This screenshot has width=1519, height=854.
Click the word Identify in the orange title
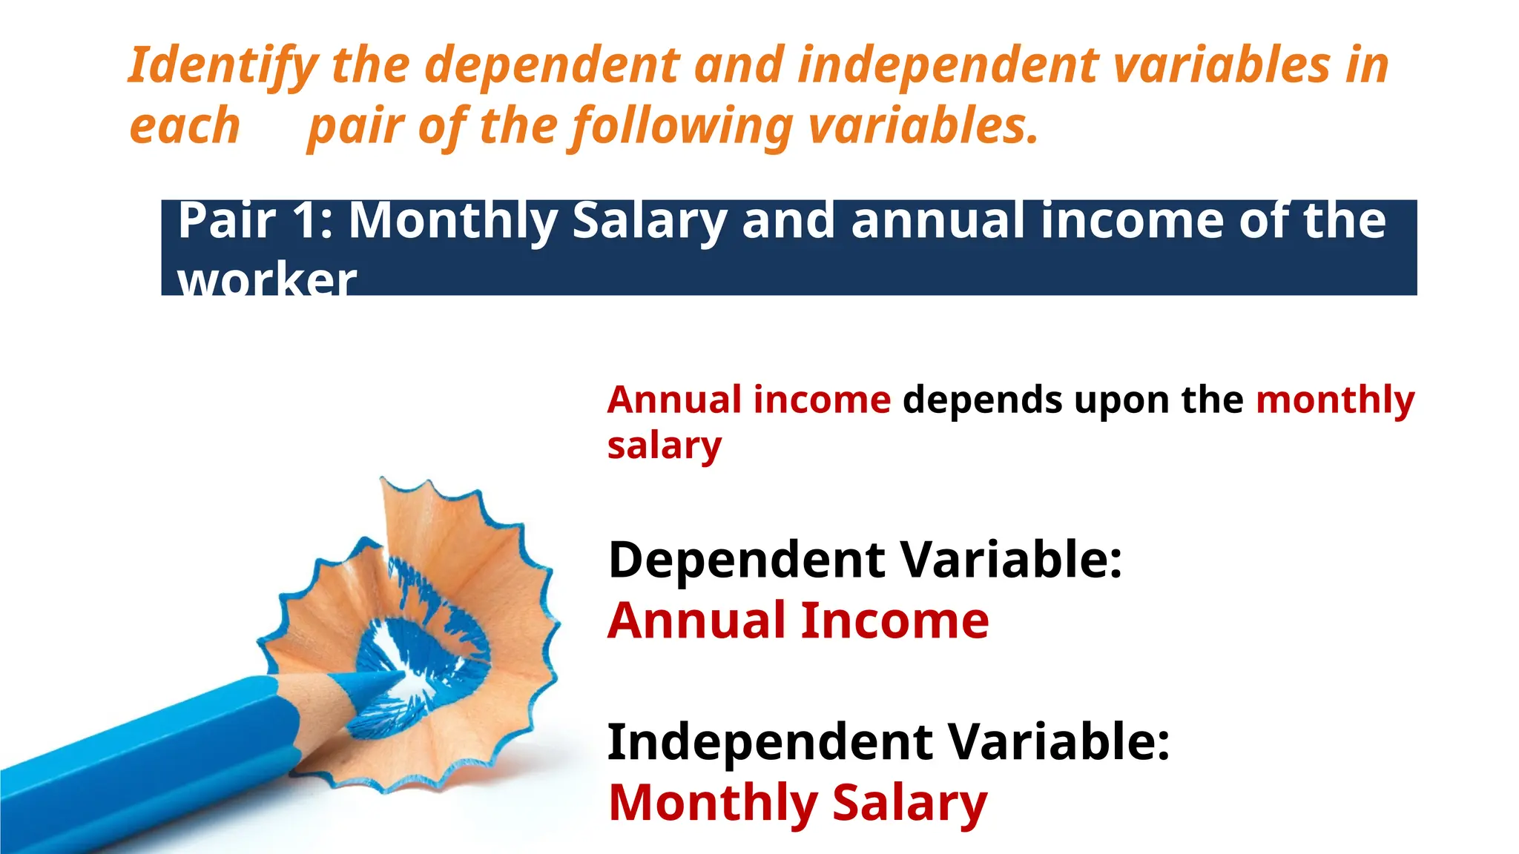(223, 66)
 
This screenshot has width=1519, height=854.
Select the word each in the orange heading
(185, 126)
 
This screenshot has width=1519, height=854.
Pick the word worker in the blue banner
(267, 280)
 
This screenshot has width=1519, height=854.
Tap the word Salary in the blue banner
(650, 221)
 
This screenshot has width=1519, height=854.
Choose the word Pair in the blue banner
(227, 221)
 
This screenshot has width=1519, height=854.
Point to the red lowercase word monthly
(1335, 401)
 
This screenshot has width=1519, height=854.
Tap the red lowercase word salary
(664, 446)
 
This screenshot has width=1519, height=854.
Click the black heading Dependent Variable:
(865, 560)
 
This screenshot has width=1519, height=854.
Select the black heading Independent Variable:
(889, 742)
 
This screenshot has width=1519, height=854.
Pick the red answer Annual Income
(798, 621)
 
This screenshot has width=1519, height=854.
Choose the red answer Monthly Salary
(798, 804)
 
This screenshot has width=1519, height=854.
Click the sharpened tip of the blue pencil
(393, 674)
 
